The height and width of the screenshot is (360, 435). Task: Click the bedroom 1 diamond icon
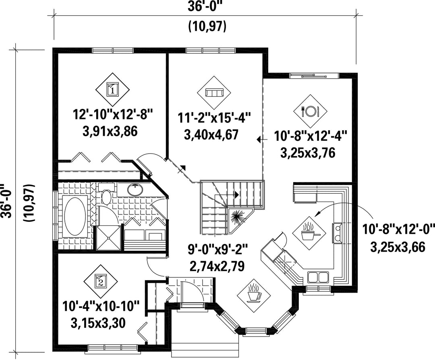click(x=113, y=89)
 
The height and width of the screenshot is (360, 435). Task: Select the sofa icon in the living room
click(x=214, y=93)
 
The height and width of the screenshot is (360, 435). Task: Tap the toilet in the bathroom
click(x=106, y=194)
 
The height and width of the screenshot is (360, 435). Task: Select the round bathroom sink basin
click(x=135, y=190)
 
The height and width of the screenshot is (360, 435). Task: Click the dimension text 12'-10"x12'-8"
click(x=113, y=114)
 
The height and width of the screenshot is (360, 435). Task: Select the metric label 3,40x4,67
click(x=211, y=135)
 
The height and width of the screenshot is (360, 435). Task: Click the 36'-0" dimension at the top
click(x=205, y=7)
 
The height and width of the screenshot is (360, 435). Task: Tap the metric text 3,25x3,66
click(x=398, y=247)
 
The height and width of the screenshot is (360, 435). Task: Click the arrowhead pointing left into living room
click(x=259, y=139)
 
